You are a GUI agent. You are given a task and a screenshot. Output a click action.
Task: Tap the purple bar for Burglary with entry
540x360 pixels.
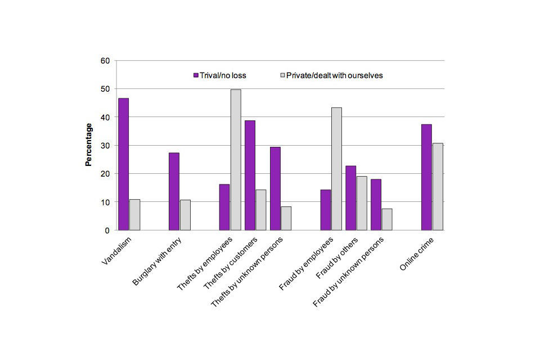pyautogui.click(x=174, y=191)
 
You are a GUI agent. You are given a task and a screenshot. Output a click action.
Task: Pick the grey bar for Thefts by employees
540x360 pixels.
pyautogui.click(x=235, y=160)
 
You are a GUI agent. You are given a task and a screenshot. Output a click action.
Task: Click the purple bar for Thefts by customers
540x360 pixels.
pyautogui.click(x=250, y=175)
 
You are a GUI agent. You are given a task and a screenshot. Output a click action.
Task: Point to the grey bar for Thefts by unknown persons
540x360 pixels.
pyautogui.click(x=286, y=218)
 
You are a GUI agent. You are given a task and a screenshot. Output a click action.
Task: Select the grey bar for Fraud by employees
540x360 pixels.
pyautogui.click(x=336, y=169)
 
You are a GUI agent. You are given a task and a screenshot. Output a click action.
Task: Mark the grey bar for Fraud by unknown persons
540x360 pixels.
pyautogui.click(x=387, y=219)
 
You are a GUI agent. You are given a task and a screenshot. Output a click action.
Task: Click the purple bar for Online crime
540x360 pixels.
pyautogui.click(x=426, y=177)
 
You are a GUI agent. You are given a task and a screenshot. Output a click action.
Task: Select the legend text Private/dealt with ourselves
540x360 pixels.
pyautogui.click(x=334, y=75)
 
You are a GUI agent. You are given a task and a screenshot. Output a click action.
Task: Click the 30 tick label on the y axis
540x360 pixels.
pyautogui.click(x=105, y=146)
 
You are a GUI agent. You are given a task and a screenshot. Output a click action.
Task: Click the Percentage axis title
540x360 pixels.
pyautogui.click(x=88, y=145)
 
